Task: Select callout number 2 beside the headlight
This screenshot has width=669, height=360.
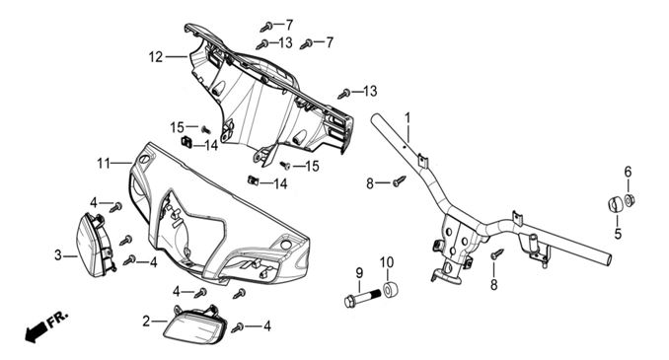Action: tap(146, 322)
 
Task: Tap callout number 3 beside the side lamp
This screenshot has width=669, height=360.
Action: tap(58, 255)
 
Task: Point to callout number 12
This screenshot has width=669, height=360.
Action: tap(156, 57)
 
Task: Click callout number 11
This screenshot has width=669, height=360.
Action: tap(104, 163)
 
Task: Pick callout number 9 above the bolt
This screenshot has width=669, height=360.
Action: tap(359, 273)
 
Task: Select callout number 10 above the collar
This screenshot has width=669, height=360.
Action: tap(387, 262)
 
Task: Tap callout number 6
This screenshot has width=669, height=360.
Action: tap(628, 173)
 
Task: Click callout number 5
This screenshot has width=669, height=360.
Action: tap(618, 234)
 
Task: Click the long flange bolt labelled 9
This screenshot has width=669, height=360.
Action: tap(362, 298)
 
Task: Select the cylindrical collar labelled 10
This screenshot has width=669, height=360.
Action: tap(391, 290)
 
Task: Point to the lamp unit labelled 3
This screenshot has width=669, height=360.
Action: tap(95, 245)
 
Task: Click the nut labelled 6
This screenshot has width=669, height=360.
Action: tap(630, 199)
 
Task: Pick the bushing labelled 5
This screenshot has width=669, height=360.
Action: tap(615, 203)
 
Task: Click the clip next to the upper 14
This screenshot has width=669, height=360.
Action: tap(186, 141)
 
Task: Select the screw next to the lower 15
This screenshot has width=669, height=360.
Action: tap(285, 165)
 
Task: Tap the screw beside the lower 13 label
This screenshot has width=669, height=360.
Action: tap(344, 94)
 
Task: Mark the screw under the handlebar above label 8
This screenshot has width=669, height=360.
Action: tap(496, 253)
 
